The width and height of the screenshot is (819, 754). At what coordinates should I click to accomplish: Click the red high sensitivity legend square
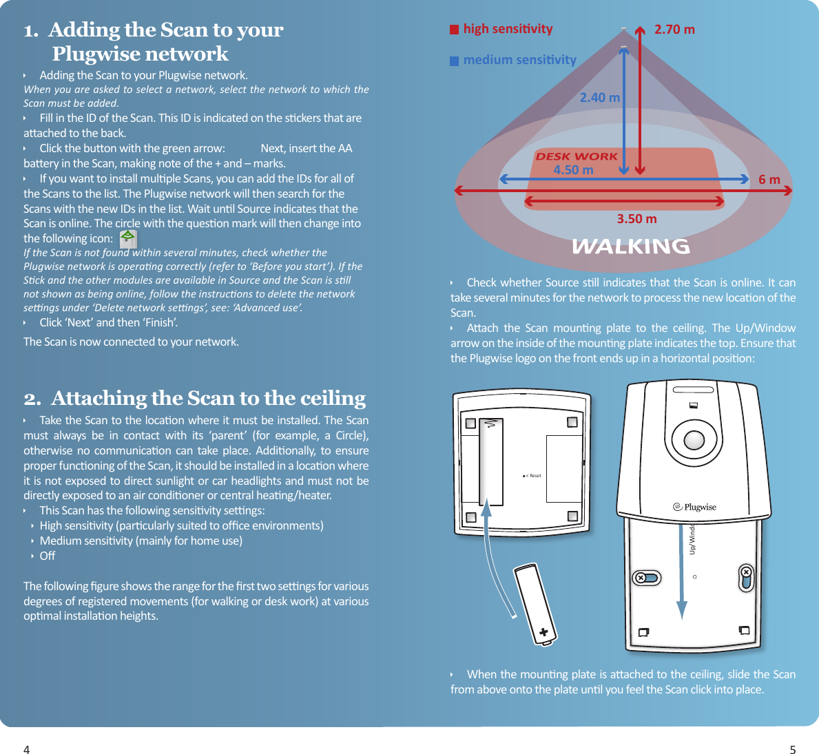coord(454,30)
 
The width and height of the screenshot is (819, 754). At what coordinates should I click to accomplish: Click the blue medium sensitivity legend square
coord(454,61)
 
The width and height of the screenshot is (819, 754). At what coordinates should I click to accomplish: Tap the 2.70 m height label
coord(674,30)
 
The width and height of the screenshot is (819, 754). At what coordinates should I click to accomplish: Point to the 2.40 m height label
coord(599,98)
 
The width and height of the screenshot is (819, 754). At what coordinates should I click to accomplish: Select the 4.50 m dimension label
coord(573,170)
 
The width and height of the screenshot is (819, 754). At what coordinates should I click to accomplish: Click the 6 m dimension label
coord(769,180)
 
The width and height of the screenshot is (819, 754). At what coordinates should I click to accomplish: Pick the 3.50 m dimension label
coord(636,219)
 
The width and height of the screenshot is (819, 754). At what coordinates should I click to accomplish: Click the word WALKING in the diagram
coord(630,246)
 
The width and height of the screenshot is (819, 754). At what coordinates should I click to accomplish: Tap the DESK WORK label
coord(577,156)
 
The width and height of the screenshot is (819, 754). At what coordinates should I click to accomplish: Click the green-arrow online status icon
coord(127,239)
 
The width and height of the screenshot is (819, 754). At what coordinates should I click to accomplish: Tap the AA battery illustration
coord(535,604)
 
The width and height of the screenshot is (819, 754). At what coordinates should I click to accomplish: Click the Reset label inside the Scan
coord(532,476)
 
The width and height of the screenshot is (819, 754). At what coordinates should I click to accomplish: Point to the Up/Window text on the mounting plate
coord(692,539)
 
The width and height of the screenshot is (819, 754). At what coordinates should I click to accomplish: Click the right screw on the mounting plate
coord(746,573)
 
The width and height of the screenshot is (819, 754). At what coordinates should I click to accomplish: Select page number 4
coord(27,750)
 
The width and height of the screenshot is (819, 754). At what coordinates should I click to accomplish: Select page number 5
coord(792,750)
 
